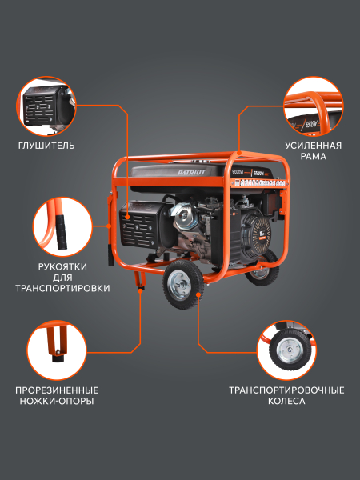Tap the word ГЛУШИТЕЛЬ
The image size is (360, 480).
click(x=47, y=146)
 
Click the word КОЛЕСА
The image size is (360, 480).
click(x=286, y=401)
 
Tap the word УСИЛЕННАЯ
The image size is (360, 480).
click(x=313, y=146)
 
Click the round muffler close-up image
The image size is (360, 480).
click(x=47, y=106)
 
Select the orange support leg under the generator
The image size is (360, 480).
click(x=141, y=280)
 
